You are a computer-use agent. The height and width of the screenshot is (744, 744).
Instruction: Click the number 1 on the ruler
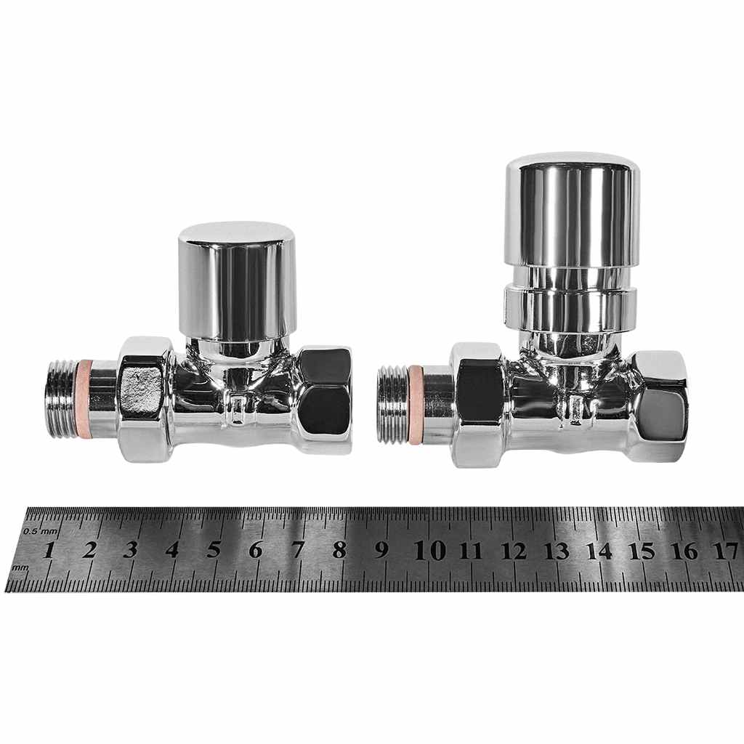click(48, 549)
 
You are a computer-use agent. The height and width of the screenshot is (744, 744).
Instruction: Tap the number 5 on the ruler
click(214, 549)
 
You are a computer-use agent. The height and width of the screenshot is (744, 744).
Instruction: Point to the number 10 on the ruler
click(429, 550)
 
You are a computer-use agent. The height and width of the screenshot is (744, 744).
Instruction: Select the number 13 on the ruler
click(556, 551)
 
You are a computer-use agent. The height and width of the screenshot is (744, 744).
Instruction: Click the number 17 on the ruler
click(726, 551)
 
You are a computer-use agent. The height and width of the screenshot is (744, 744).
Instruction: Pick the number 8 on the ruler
click(339, 549)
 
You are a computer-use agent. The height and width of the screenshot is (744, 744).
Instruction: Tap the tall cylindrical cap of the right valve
click(573, 211)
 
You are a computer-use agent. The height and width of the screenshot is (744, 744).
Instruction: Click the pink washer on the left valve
click(85, 398)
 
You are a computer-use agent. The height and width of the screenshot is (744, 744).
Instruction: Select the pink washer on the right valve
click(416, 404)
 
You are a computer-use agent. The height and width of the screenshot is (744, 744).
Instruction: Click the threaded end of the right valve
click(392, 404)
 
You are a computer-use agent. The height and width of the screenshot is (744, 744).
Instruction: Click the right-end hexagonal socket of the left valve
click(325, 400)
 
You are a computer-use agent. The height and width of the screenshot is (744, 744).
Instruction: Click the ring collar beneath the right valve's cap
click(571, 310)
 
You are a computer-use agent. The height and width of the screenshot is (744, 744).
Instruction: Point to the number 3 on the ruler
click(131, 549)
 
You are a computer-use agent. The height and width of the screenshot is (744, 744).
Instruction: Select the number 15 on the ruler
click(642, 551)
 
